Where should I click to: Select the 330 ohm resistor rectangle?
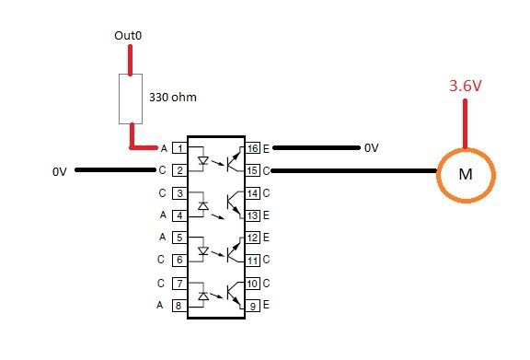(130, 100)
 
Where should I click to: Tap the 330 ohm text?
(172, 95)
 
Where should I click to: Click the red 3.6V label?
(466, 86)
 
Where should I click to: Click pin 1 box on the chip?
(180, 147)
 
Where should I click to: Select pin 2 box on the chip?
(180, 170)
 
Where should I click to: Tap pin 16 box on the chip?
(249, 147)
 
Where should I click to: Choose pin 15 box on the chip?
(249, 170)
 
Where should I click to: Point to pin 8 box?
(180, 305)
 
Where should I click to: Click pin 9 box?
(249, 305)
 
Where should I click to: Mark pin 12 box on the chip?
(249, 238)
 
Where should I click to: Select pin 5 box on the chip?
(180, 238)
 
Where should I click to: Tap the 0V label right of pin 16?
(371, 148)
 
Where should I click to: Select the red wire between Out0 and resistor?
(130, 61)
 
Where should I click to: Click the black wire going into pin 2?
(115, 170)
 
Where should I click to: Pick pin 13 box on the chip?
(249, 215)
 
